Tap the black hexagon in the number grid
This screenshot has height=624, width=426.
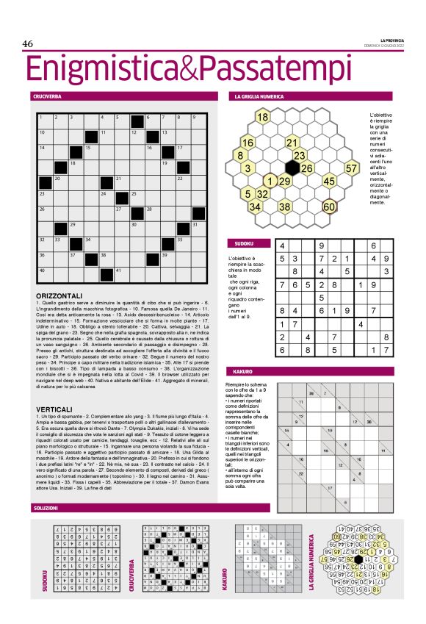point(292,168)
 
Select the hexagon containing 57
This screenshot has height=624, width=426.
point(352,168)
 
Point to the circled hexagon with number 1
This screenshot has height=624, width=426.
point(270,181)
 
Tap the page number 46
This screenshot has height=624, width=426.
point(29,44)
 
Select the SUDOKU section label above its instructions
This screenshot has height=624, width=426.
point(244,243)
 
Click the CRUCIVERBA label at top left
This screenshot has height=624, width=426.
point(47,96)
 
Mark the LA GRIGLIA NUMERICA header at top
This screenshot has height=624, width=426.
point(264,96)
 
